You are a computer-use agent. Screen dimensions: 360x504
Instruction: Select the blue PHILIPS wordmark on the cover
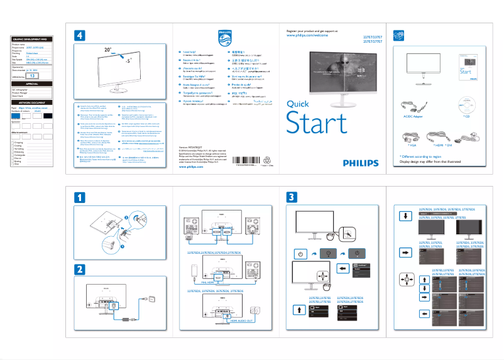(x=361, y=162)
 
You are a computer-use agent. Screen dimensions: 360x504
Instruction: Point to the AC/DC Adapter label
(x=408, y=116)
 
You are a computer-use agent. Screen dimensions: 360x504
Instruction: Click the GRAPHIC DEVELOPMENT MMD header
(x=35, y=39)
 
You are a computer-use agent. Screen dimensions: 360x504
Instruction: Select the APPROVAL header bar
(x=35, y=84)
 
